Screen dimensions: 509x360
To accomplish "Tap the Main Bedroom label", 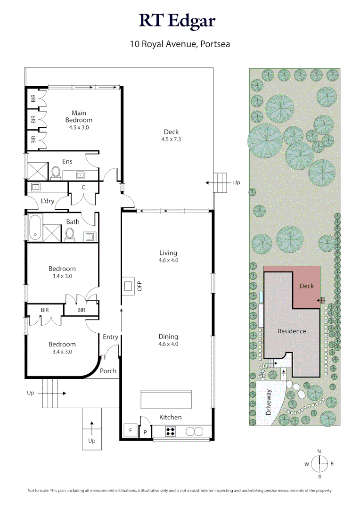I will point(79,116).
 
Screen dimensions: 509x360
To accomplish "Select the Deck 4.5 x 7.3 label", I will point(171,135).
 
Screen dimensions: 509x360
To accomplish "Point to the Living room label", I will point(168,256).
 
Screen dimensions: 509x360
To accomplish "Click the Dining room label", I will point(168,340).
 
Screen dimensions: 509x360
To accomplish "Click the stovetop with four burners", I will point(170,431).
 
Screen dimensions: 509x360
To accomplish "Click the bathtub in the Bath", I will point(35,228).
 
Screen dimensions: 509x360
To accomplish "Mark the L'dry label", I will point(48,201).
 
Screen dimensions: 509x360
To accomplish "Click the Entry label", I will point(110,337).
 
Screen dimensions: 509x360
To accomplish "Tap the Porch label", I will point(108,371).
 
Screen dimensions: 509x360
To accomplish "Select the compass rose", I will point(319,464).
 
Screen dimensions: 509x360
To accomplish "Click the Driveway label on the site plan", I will point(269,402).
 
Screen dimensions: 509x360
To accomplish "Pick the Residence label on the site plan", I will point(292,331).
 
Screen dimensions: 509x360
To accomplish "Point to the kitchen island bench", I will point(166,399).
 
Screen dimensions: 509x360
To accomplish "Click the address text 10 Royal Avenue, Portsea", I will point(180,45).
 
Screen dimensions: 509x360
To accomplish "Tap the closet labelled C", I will point(83,188).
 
